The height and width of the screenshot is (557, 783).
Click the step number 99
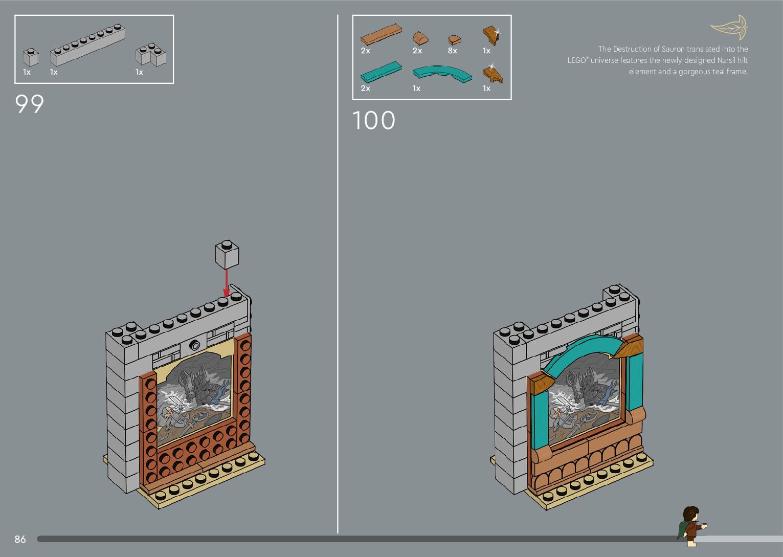tap(30, 104)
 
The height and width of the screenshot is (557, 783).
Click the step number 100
tap(374, 121)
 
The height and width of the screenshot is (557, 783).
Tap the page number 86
tap(20, 539)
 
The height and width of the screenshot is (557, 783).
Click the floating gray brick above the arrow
tap(227, 254)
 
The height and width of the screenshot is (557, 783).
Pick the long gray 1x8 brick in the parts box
tap(87, 46)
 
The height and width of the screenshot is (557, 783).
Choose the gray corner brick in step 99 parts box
tap(150, 55)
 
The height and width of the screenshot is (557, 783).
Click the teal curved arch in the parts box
tap(442, 73)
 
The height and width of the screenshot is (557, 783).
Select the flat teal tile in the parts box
tap(381, 72)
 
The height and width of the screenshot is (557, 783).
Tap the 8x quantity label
tap(452, 51)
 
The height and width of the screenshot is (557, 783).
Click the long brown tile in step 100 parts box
tap(381, 35)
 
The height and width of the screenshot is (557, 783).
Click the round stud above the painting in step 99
tap(194, 345)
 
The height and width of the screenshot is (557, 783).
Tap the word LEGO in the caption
tap(576, 60)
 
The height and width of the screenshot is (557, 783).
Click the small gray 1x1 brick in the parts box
tap(31, 57)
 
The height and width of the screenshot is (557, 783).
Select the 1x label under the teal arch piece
tap(416, 88)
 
